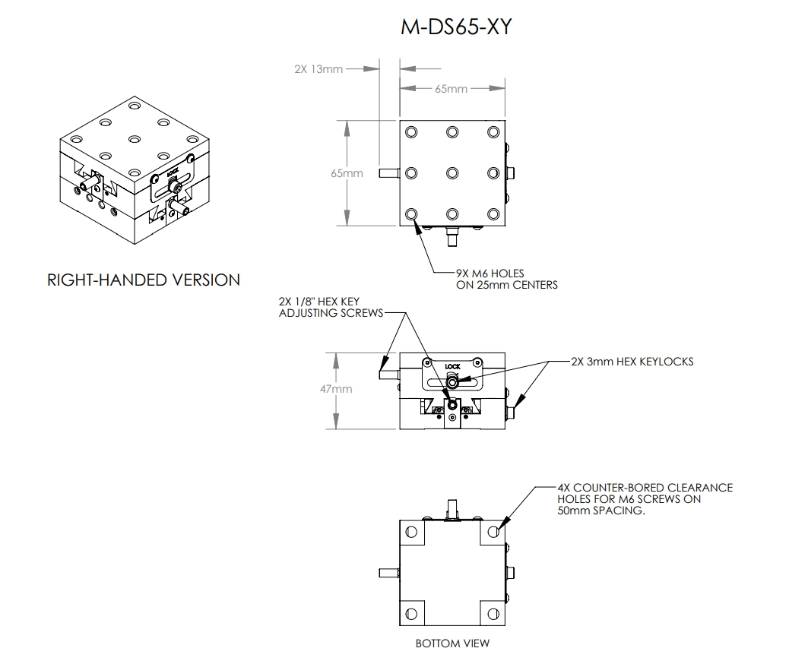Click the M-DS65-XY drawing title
click(x=456, y=27)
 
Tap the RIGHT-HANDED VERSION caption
click(x=144, y=280)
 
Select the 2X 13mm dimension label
click(x=318, y=69)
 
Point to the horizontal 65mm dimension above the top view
click(x=452, y=89)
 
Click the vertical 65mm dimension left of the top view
click(x=347, y=173)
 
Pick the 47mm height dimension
click(x=336, y=389)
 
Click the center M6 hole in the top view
click(x=452, y=173)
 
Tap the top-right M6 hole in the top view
click(x=493, y=132)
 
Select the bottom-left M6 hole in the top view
click(x=411, y=215)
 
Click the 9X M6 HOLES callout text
click(x=507, y=279)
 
